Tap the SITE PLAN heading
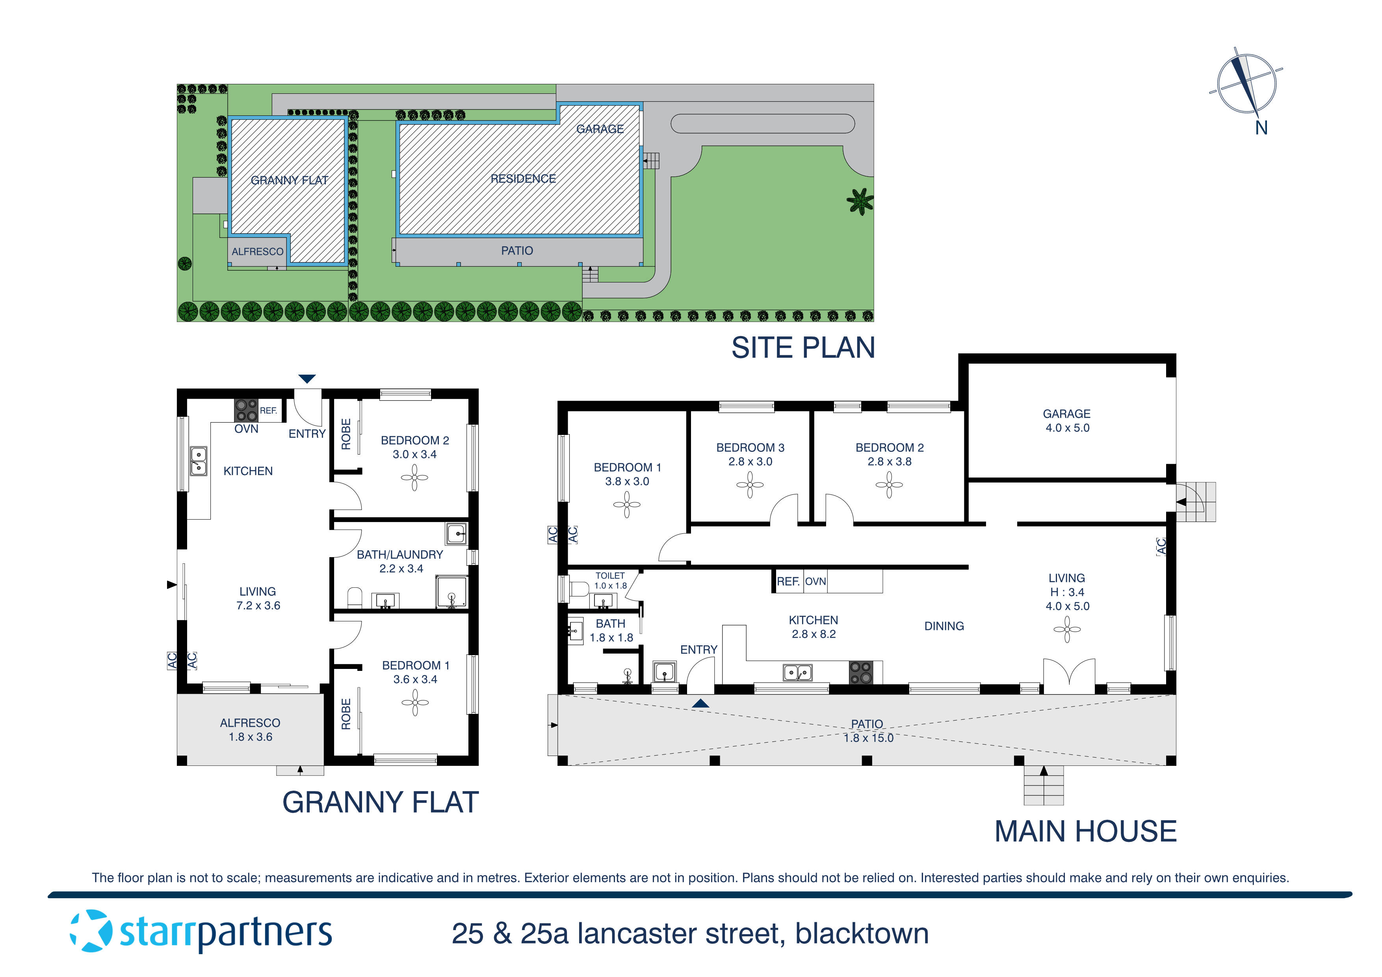point(802,348)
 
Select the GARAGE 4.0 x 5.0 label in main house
point(1066,421)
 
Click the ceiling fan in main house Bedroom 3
point(750,485)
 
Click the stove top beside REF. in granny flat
point(245,410)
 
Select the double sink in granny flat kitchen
point(199,461)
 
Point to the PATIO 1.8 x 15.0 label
point(867,731)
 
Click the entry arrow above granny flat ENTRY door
point(307,379)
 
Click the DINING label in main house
point(944,626)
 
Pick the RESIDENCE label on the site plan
point(523,179)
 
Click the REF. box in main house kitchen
point(788,581)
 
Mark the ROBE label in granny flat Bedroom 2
point(346,434)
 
